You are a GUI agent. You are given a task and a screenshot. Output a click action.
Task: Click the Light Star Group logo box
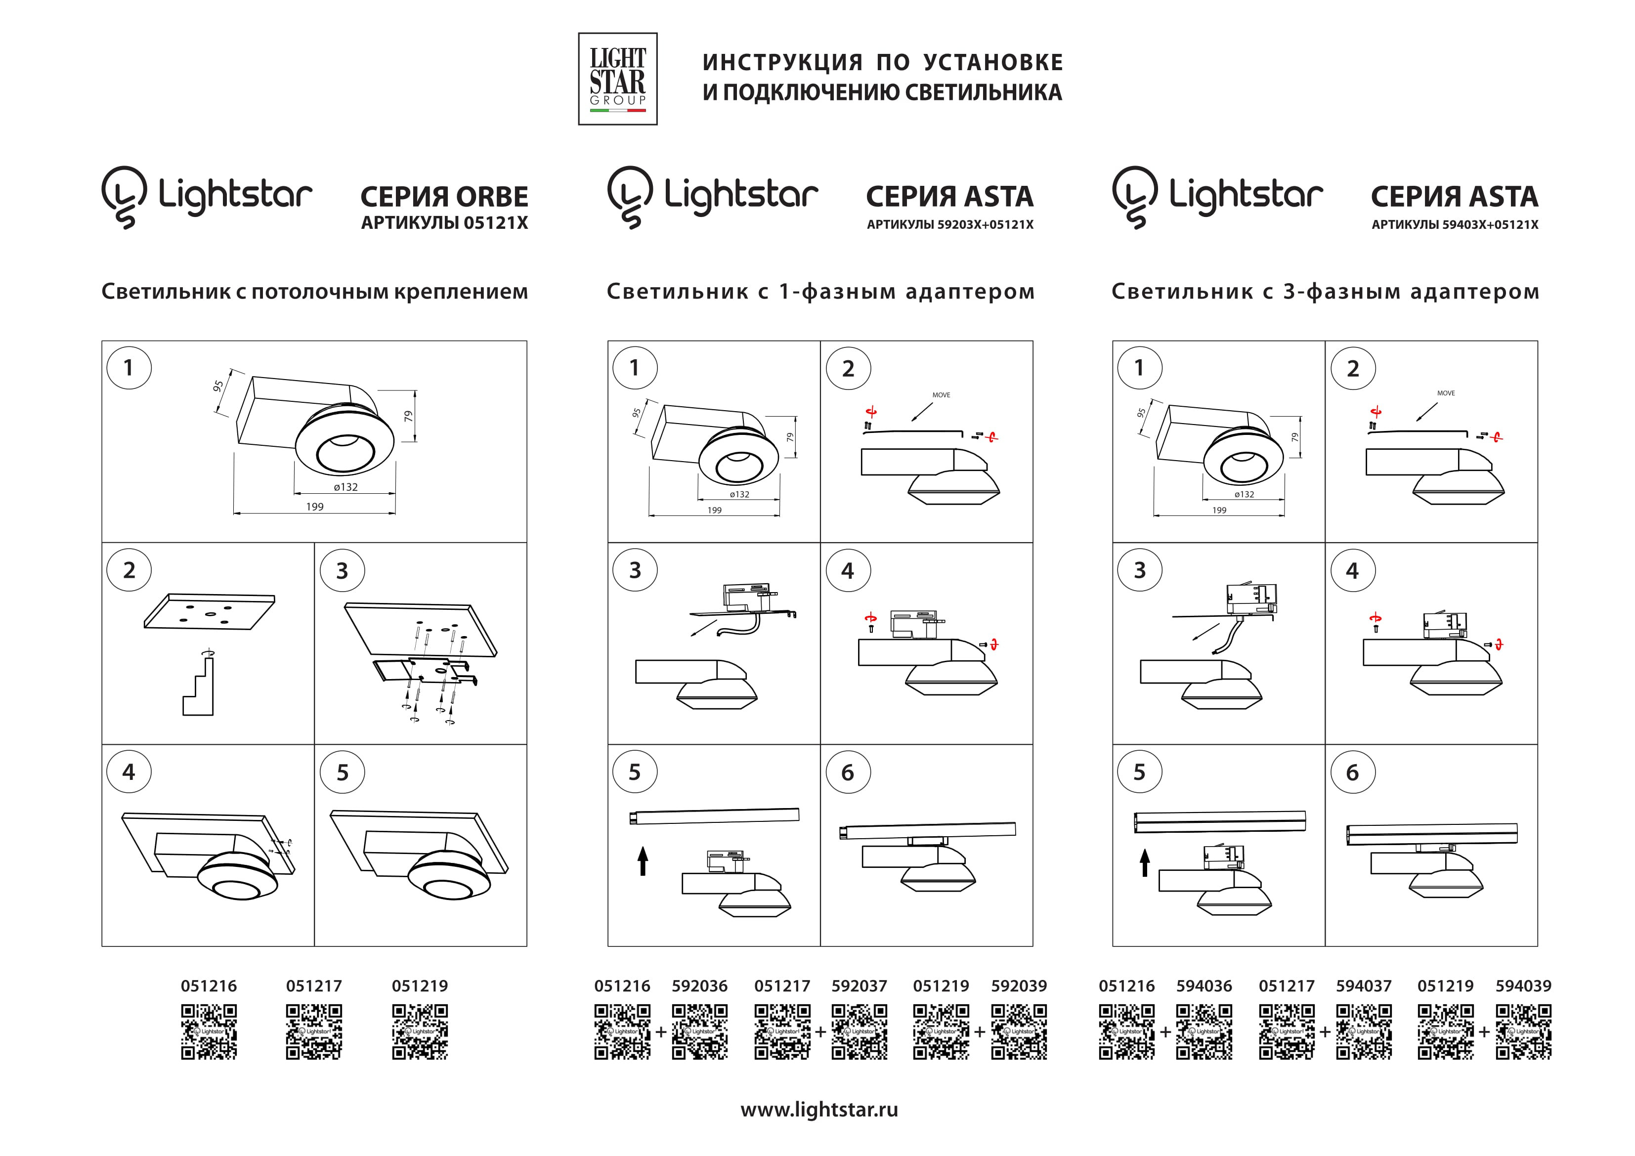(x=617, y=79)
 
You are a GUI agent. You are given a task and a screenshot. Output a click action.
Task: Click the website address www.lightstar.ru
(x=819, y=1110)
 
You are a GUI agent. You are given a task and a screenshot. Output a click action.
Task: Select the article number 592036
(x=699, y=986)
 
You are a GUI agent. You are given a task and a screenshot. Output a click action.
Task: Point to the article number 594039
(x=1523, y=986)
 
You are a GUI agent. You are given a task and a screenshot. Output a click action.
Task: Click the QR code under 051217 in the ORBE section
(x=314, y=1031)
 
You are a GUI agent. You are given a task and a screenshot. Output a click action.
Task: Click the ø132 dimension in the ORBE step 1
(x=345, y=487)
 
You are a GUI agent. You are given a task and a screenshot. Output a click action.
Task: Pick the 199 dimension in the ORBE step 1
(x=315, y=507)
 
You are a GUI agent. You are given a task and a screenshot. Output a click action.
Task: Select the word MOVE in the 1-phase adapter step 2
(x=941, y=394)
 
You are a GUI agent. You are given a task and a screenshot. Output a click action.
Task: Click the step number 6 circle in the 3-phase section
(x=1352, y=772)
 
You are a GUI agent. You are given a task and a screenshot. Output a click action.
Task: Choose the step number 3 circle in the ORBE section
(x=342, y=570)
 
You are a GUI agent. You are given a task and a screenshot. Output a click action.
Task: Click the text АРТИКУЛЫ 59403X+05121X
(x=1454, y=225)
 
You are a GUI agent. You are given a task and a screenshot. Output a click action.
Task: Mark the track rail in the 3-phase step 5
(x=1219, y=821)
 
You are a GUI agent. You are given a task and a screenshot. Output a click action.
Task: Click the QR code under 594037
(x=1364, y=1031)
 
